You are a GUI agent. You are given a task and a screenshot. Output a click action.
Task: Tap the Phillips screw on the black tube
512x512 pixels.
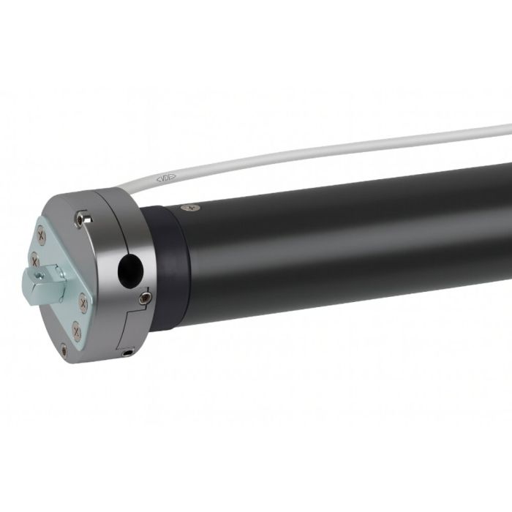pyautogui.click(x=192, y=208)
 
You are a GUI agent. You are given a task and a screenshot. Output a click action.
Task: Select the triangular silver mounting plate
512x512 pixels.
pyautogui.click(x=59, y=285)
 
